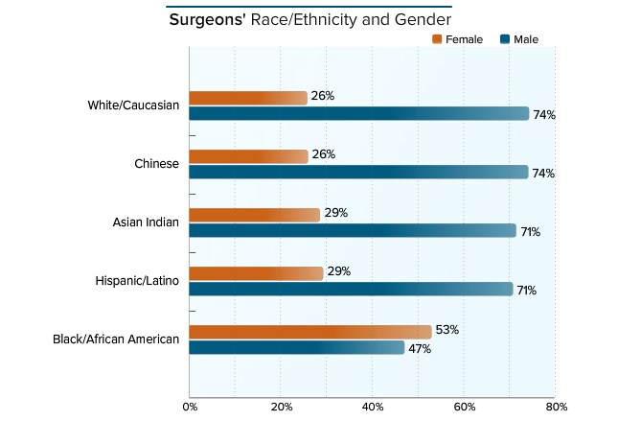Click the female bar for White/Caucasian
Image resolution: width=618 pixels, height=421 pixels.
[248, 98]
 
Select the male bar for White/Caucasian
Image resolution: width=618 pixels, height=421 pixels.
[358, 114]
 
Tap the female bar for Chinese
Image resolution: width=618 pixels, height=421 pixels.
[248, 156]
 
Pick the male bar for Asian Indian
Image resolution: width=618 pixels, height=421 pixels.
[353, 231]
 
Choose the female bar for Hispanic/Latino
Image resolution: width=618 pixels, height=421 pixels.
[256, 273]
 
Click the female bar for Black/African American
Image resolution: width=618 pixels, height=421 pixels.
[310, 332]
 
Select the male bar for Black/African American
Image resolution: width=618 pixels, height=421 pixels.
[297, 348]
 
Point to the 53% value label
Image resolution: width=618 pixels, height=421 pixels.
[447, 330]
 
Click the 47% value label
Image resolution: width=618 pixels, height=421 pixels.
[420, 349]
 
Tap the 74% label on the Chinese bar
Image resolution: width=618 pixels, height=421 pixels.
[544, 174]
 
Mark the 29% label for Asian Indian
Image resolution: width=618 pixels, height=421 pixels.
[335, 213]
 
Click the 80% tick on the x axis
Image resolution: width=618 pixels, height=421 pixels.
[556, 408]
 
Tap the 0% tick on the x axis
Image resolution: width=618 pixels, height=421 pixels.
[190, 408]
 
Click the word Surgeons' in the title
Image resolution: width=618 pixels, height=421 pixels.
[207, 19]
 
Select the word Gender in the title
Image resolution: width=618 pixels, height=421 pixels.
[425, 19]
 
